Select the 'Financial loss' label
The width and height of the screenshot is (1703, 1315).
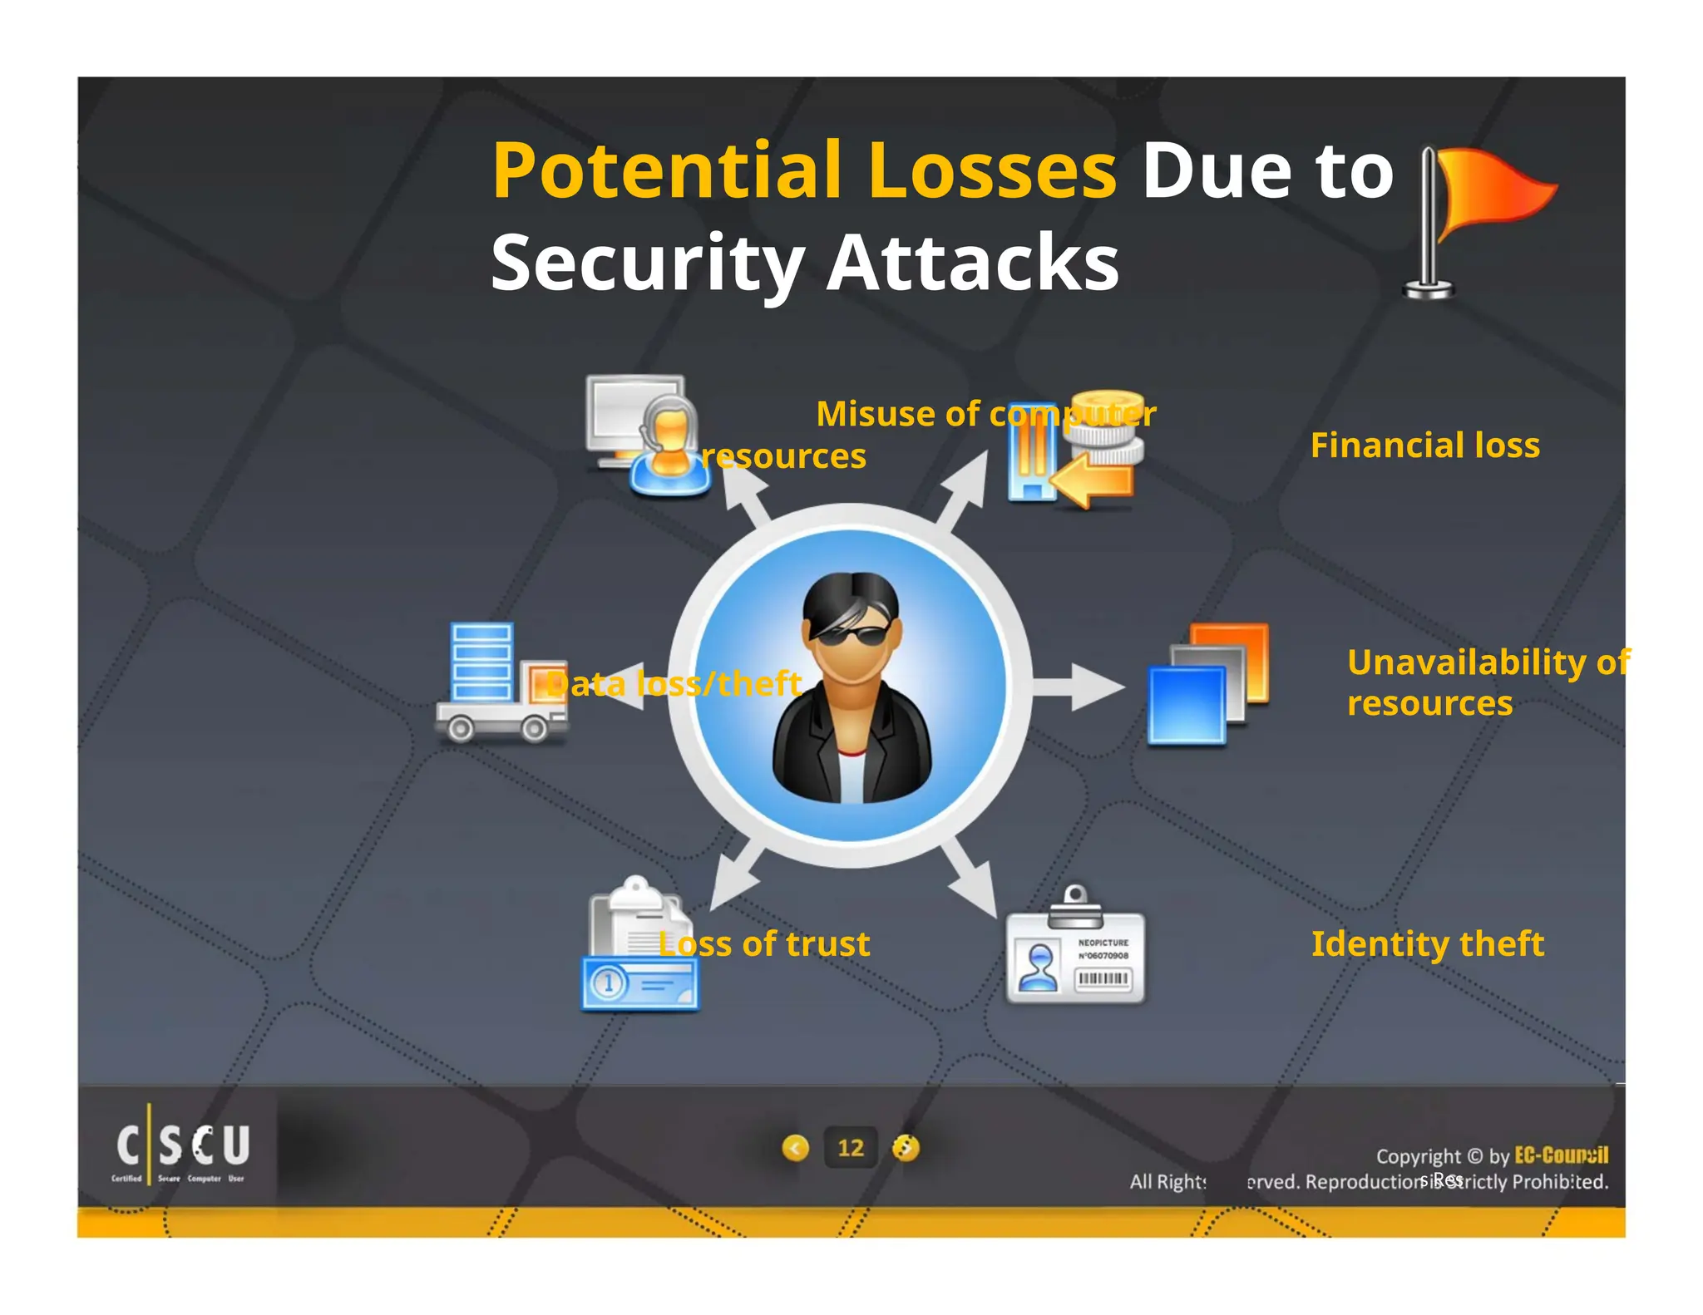pyautogui.click(x=1424, y=446)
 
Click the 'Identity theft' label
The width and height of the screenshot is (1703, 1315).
pyautogui.click(x=1427, y=944)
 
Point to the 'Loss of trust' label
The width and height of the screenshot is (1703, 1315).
pyautogui.click(x=764, y=944)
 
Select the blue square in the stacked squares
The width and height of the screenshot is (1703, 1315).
pyautogui.click(x=1186, y=706)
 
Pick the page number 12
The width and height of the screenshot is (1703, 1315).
pyautogui.click(x=850, y=1148)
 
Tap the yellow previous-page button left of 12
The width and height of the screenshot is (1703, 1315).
pyautogui.click(x=796, y=1148)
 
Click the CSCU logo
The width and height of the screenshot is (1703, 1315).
pyautogui.click(x=181, y=1148)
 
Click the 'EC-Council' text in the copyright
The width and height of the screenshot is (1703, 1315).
pyautogui.click(x=1561, y=1155)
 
